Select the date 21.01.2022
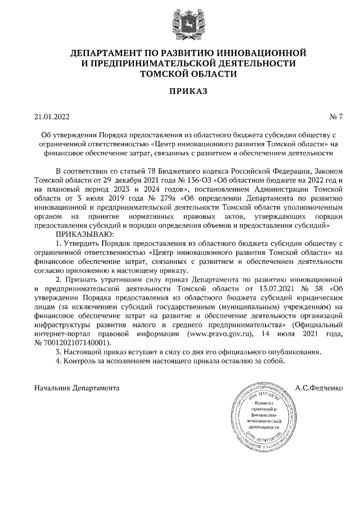coord(51,117)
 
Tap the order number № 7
coord(335,117)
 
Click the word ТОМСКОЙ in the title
coord(163,74)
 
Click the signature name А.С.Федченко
coord(319,388)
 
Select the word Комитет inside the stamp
coord(260,403)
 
